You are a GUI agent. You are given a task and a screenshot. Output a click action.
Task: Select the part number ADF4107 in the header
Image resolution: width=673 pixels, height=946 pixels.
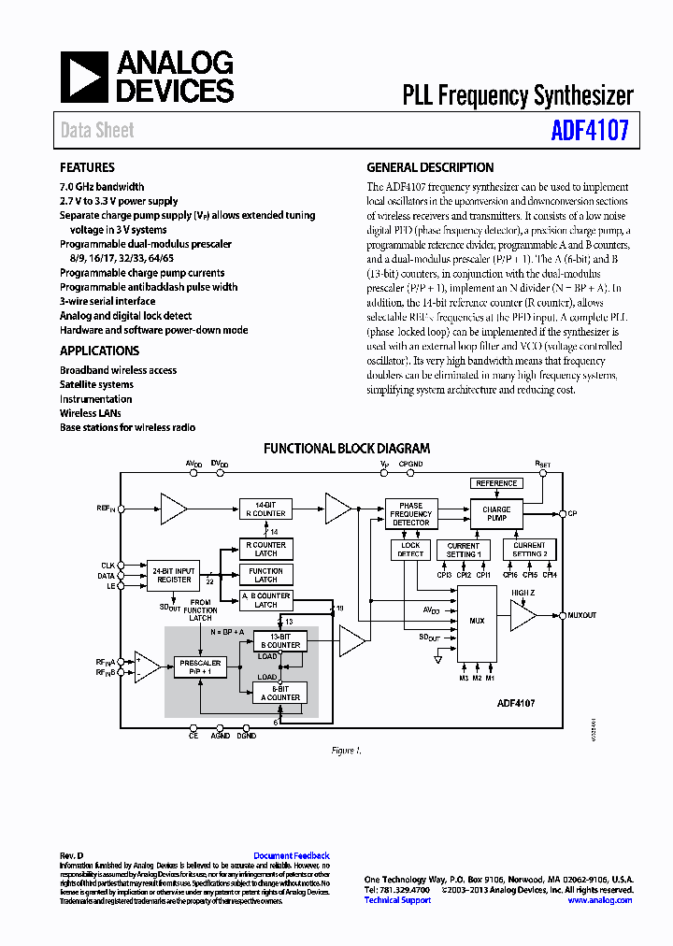click(x=591, y=130)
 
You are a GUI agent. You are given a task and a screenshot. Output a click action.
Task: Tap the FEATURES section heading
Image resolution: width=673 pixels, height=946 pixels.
click(x=87, y=168)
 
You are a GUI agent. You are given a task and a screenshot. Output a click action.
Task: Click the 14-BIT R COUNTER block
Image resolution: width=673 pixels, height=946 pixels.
click(x=266, y=509)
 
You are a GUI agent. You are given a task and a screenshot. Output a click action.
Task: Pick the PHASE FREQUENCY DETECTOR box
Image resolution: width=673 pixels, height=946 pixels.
click(x=411, y=513)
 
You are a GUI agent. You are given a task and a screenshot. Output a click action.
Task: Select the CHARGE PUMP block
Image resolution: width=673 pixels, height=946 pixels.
click(x=496, y=514)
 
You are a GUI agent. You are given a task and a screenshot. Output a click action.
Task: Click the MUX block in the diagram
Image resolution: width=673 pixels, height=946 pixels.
click(x=477, y=620)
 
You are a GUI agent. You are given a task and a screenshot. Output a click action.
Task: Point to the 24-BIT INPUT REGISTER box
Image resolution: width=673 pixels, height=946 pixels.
click(x=174, y=575)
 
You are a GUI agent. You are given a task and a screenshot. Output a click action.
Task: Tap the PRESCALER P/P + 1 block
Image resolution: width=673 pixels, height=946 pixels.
click(x=199, y=667)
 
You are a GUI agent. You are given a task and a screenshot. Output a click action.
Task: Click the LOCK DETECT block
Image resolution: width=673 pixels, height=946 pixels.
click(x=410, y=550)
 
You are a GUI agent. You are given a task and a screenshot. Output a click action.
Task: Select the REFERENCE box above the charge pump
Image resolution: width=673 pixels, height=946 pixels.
click(x=496, y=483)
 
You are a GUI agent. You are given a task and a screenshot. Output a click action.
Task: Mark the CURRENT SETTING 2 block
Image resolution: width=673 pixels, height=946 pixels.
click(x=529, y=550)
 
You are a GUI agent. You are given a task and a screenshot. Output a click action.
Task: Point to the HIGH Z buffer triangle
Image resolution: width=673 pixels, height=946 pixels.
click(x=522, y=616)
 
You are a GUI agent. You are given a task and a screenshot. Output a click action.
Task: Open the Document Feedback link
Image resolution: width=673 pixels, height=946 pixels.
click(x=292, y=856)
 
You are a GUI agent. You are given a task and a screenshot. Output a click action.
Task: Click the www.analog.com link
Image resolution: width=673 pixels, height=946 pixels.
click(x=599, y=900)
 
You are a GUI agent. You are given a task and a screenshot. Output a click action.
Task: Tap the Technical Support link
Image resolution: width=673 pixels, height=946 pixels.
click(x=397, y=900)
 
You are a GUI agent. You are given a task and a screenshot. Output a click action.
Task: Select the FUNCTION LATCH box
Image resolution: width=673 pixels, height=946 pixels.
click(x=266, y=575)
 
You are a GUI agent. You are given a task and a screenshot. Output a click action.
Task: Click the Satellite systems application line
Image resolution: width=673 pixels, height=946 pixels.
click(x=96, y=384)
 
